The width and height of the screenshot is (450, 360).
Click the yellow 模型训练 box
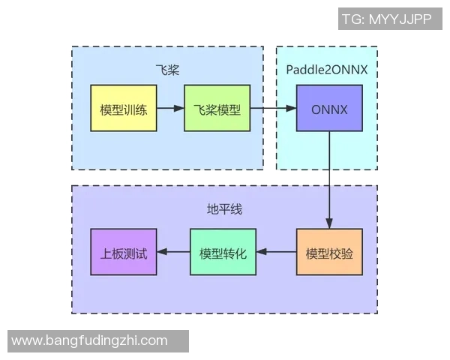[123, 109]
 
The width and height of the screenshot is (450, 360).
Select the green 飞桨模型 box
[217, 109]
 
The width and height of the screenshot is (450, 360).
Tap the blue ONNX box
[328, 109]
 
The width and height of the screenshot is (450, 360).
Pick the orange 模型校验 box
[328, 252]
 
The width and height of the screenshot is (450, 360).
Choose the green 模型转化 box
[223, 252]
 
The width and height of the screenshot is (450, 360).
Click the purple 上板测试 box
[123, 252]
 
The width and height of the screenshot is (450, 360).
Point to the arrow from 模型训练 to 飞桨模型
[169, 109]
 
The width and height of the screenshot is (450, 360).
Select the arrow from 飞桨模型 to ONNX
[271, 109]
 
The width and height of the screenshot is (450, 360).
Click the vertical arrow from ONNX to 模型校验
[328, 180]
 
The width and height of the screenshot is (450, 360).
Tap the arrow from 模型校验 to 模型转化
[276, 252]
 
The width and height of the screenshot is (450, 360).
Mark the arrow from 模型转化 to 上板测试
[172, 252]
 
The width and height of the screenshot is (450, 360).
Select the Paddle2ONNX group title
[326, 70]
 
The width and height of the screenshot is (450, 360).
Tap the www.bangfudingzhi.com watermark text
[90, 340]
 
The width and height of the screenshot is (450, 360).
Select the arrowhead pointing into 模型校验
[328, 223]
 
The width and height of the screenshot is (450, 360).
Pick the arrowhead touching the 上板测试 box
[161, 252]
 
